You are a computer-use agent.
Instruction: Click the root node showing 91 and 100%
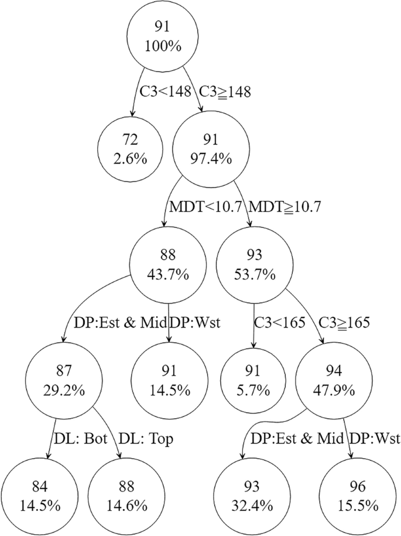tap(166, 36)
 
